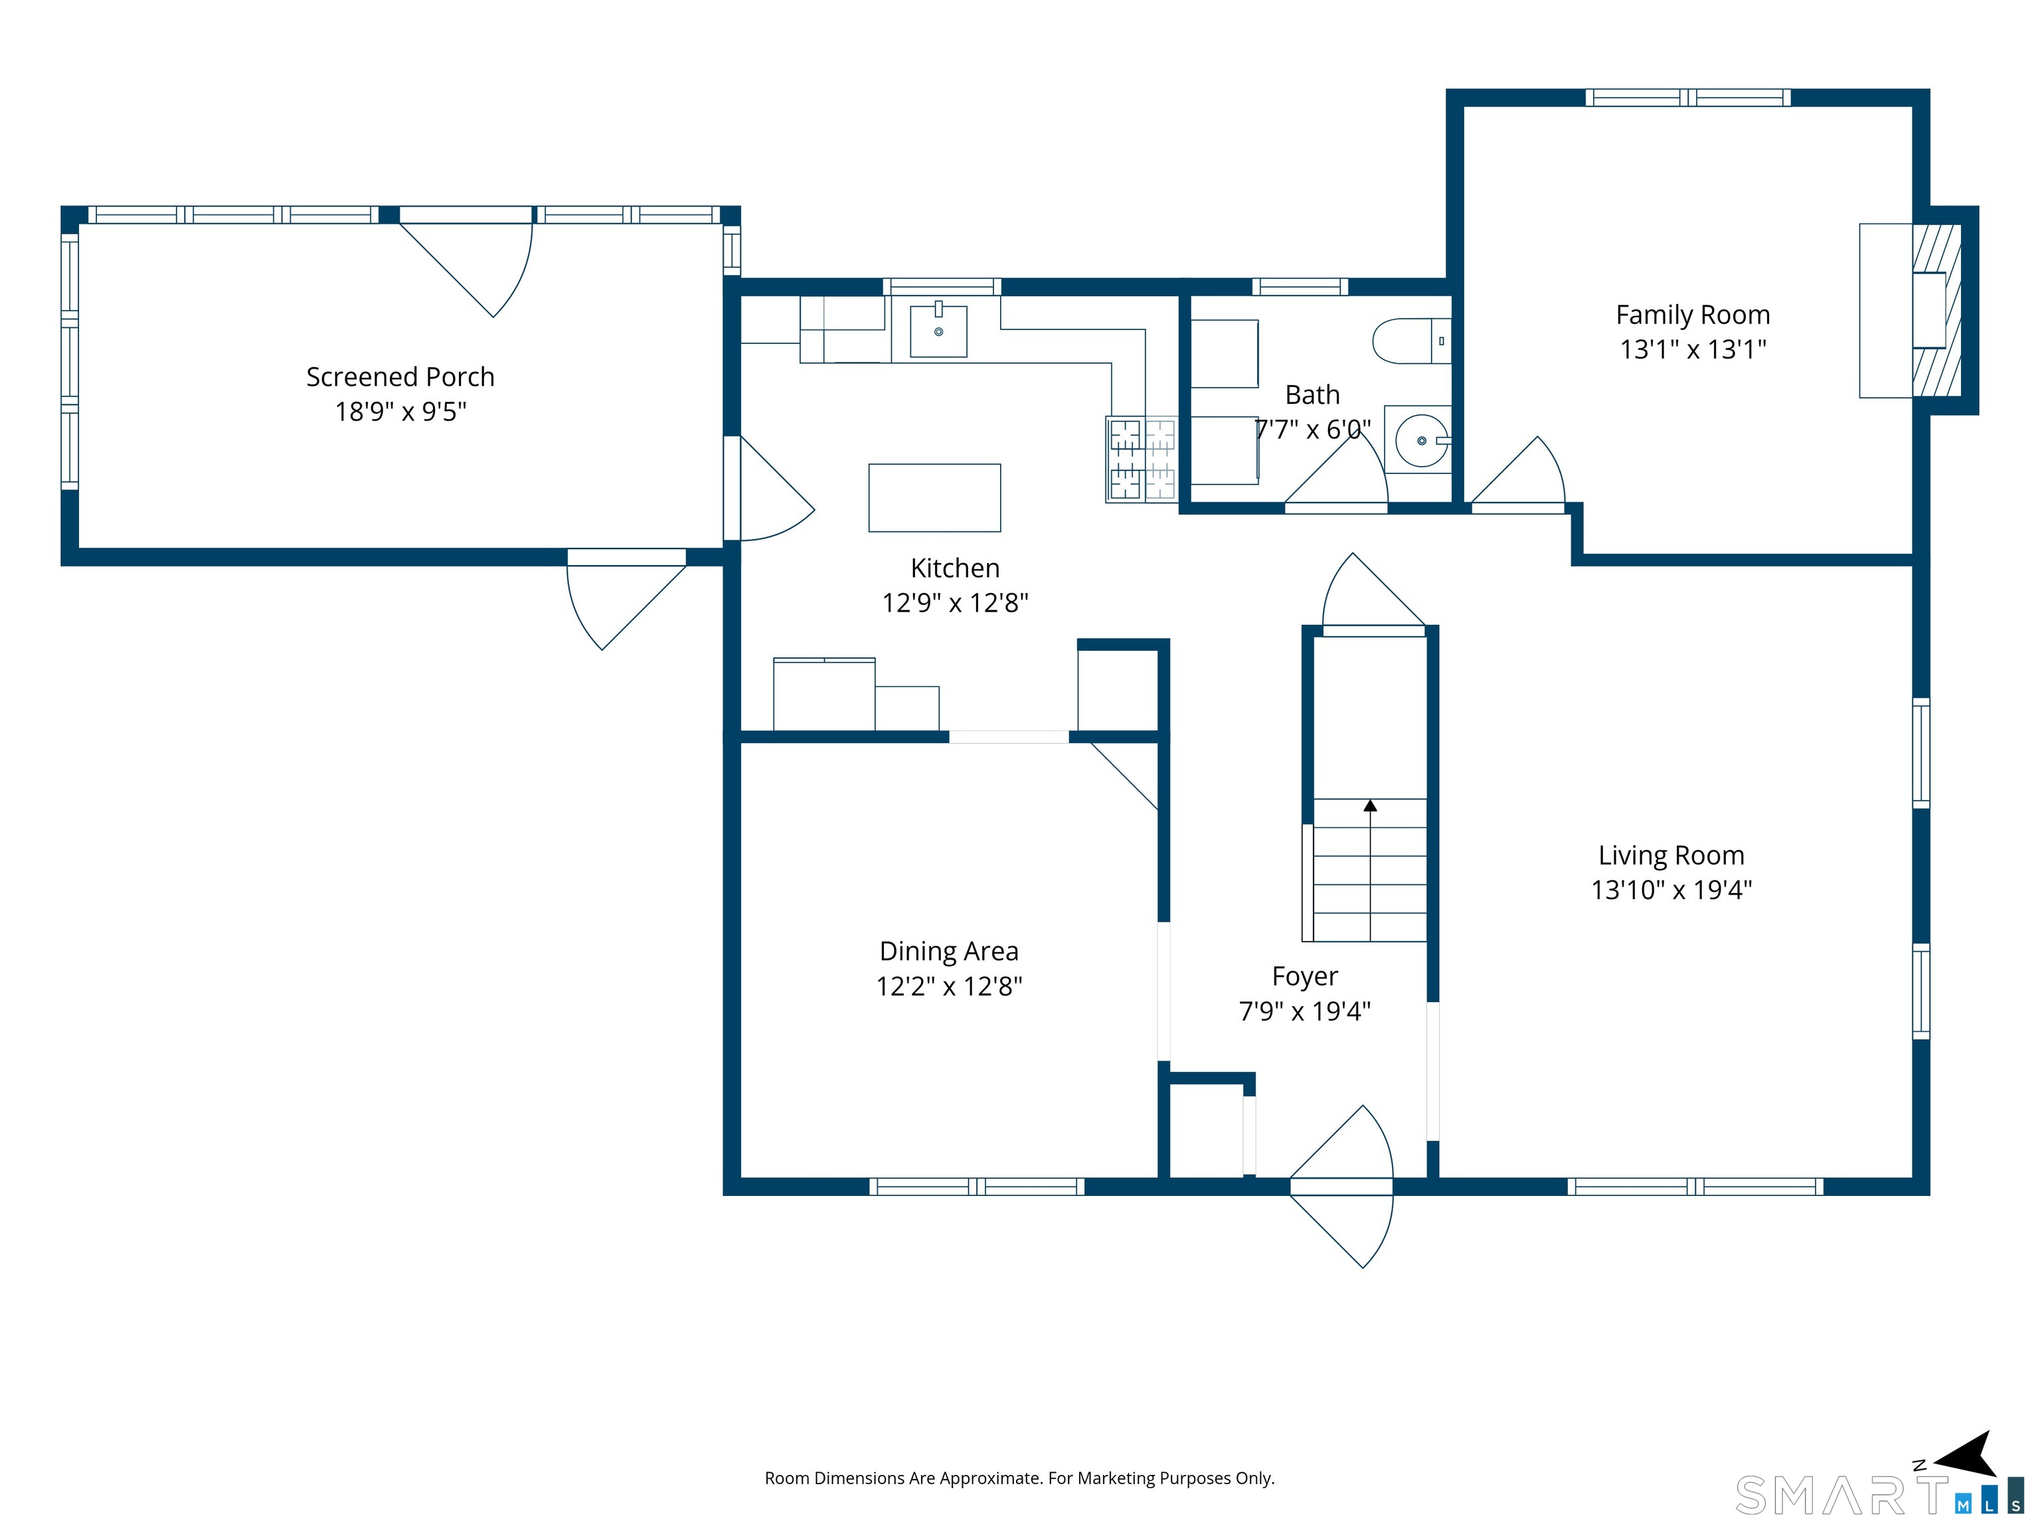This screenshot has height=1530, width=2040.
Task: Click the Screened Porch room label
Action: click(400, 377)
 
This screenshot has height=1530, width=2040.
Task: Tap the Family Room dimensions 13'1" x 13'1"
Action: click(1693, 349)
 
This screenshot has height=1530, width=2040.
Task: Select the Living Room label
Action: click(1671, 856)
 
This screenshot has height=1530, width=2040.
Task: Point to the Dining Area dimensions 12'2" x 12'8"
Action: click(949, 986)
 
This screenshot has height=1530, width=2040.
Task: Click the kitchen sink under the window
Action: click(938, 329)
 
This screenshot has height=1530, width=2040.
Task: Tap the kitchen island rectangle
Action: click(934, 498)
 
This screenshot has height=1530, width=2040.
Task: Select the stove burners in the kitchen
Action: click(1142, 460)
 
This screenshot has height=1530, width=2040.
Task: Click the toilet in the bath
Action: click(1412, 341)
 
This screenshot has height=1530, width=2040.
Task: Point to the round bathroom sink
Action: click(1422, 441)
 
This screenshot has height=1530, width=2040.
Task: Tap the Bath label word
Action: click(1312, 394)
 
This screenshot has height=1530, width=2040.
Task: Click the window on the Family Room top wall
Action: click(1687, 98)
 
